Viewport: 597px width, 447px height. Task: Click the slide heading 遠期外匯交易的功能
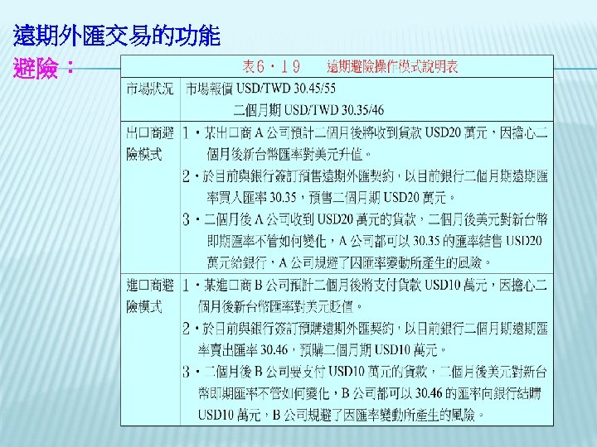click(x=117, y=36)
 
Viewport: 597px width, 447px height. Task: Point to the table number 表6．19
click(x=271, y=66)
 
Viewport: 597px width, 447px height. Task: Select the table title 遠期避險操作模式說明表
click(x=393, y=66)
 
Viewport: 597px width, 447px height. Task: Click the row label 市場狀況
click(x=150, y=89)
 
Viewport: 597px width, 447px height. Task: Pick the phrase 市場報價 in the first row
click(x=209, y=89)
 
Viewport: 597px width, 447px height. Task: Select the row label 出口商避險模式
click(x=150, y=143)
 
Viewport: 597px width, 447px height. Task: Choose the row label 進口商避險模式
click(x=150, y=296)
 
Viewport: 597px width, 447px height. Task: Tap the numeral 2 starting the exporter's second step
click(x=187, y=175)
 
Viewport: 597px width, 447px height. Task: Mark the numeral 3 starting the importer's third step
click(x=187, y=371)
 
